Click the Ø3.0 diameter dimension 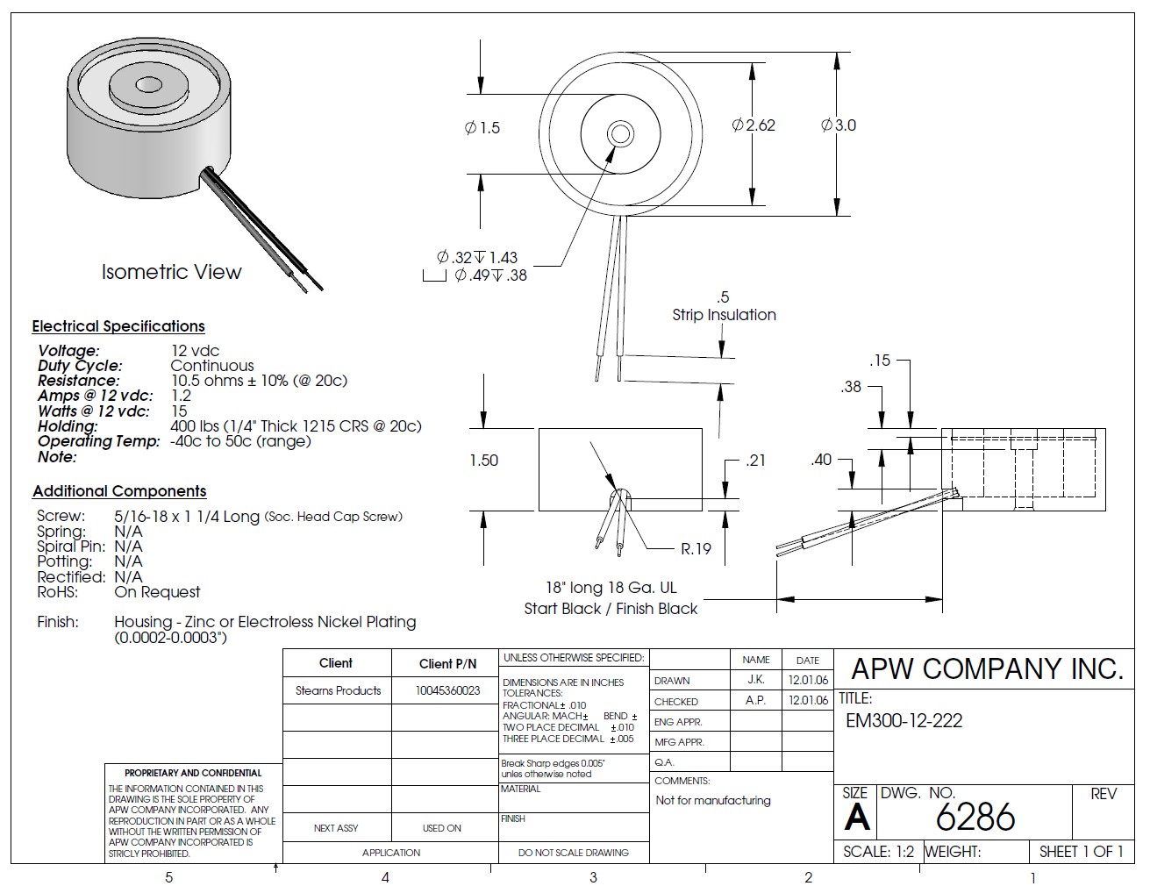[839, 125]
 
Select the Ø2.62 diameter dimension [754, 125]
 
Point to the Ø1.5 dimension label [482, 128]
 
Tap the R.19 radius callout [696, 549]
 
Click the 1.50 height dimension [483, 461]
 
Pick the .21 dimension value [754, 461]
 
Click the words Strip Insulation [724, 315]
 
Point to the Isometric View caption [171, 272]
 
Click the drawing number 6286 [975, 818]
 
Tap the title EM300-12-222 [904, 721]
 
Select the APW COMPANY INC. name [987, 669]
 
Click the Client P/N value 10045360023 [447, 690]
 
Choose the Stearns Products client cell [338, 690]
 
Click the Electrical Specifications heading [118, 326]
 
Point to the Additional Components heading [119, 491]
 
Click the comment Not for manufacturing [712, 800]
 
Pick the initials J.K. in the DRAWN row [755, 680]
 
